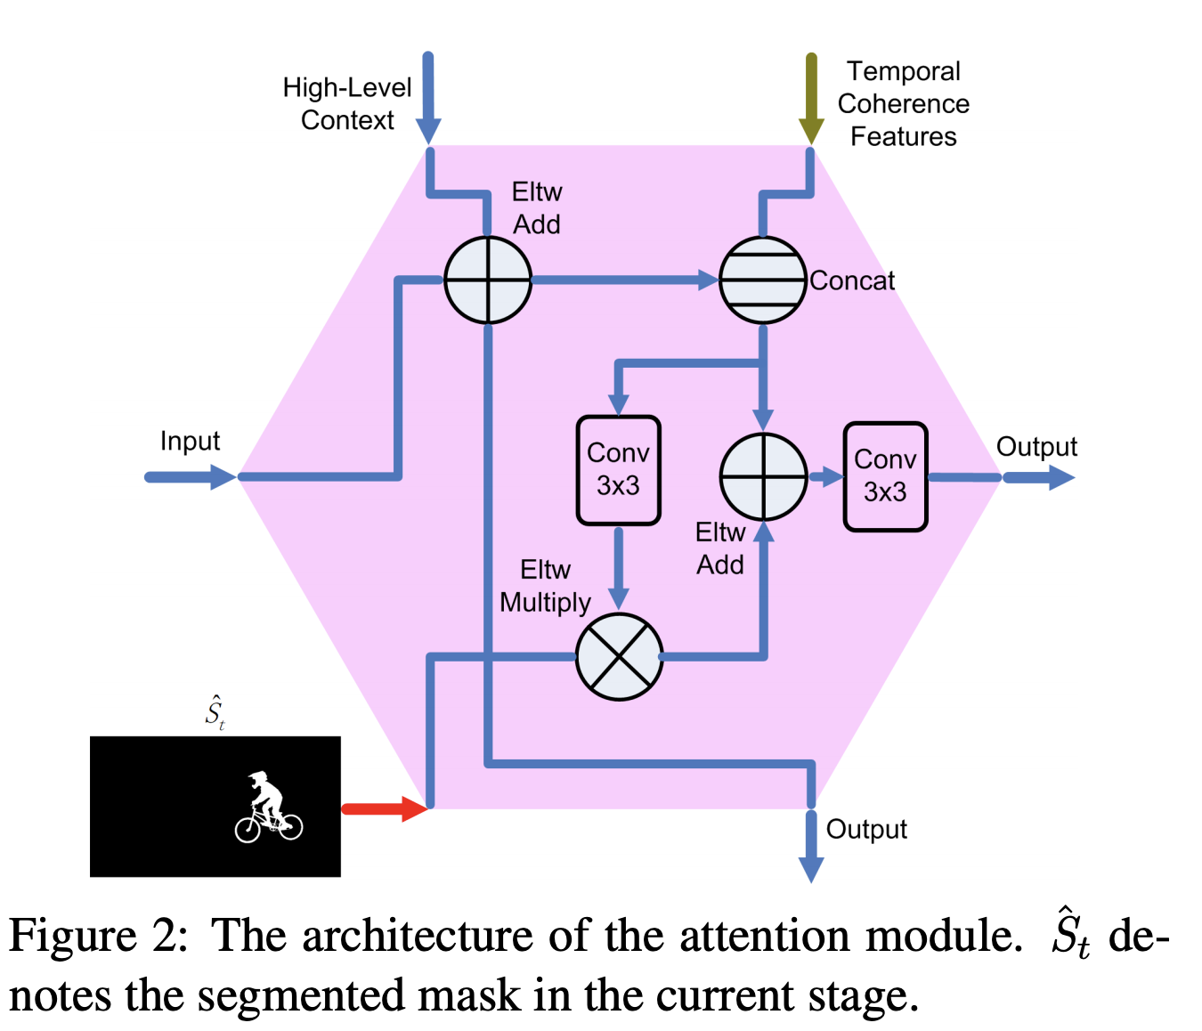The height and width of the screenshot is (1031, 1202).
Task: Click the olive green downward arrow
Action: [x=810, y=98]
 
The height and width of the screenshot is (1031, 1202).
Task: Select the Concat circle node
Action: [x=763, y=280]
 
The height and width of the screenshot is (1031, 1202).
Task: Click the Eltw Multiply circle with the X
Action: [x=619, y=657]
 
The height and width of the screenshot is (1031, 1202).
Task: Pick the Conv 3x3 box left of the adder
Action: [x=618, y=469]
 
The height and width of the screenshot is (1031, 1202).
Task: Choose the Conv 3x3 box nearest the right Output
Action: [x=885, y=476]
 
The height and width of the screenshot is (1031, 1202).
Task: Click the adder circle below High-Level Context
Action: [x=488, y=280]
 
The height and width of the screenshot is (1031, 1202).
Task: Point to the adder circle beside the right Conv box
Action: [x=763, y=477]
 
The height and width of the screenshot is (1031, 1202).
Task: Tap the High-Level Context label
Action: [x=347, y=103]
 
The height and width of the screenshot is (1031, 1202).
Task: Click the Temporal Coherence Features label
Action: [x=903, y=103]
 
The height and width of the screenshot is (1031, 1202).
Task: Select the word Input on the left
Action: [x=190, y=441]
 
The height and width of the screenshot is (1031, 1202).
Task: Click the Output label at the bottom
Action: [x=866, y=829]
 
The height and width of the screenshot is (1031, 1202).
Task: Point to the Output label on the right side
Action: [x=1036, y=446]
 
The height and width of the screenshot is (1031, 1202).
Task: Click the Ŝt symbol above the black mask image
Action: [x=215, y=712]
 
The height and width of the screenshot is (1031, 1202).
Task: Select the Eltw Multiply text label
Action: [x=545, y=586]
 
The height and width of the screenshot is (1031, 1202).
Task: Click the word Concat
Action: [x=852, y=280]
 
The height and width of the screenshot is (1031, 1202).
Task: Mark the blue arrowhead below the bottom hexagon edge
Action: [x=810, y=867]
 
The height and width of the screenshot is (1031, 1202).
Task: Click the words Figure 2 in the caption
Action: [x=98, y=936]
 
